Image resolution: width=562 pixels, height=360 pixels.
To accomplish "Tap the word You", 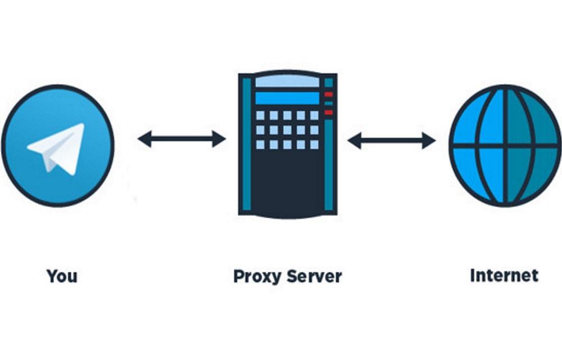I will point(62,276).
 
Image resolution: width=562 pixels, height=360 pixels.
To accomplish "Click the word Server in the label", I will point(314,276).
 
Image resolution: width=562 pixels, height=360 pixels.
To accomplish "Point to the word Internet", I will point(504,276).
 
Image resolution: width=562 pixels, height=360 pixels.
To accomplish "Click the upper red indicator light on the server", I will point(329,94).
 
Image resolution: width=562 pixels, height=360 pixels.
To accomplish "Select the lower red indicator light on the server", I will point(329,112).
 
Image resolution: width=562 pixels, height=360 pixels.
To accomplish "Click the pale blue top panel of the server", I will point(287,82).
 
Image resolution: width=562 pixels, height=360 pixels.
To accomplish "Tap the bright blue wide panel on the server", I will point(287,98).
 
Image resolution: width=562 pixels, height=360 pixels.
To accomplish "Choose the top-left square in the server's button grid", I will point(260,115).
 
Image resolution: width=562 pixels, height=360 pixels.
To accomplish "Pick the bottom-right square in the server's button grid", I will point(314,145).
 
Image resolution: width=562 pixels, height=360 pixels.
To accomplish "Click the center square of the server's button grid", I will point(287,130).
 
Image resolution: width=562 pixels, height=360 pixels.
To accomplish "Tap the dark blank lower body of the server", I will point(287,180).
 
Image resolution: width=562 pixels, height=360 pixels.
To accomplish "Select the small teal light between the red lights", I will point(329,103).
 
